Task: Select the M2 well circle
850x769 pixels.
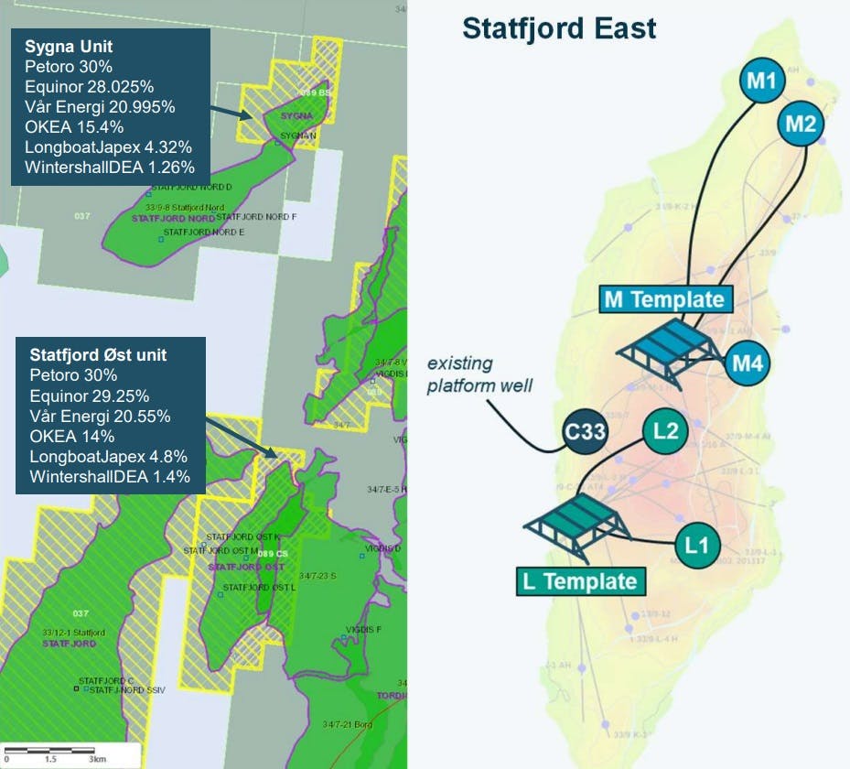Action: (800, 124)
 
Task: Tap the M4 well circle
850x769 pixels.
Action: (748, 363)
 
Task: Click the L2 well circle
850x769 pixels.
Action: (665, 429)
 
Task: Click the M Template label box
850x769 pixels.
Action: (666, 298)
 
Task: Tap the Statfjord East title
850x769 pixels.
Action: (559, 28)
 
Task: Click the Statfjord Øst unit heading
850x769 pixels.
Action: (98, 355)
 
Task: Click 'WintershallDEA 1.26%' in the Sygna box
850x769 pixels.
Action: (110, 167)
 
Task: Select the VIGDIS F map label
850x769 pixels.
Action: (364, 630)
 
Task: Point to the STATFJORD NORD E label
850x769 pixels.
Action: (204, 233)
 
